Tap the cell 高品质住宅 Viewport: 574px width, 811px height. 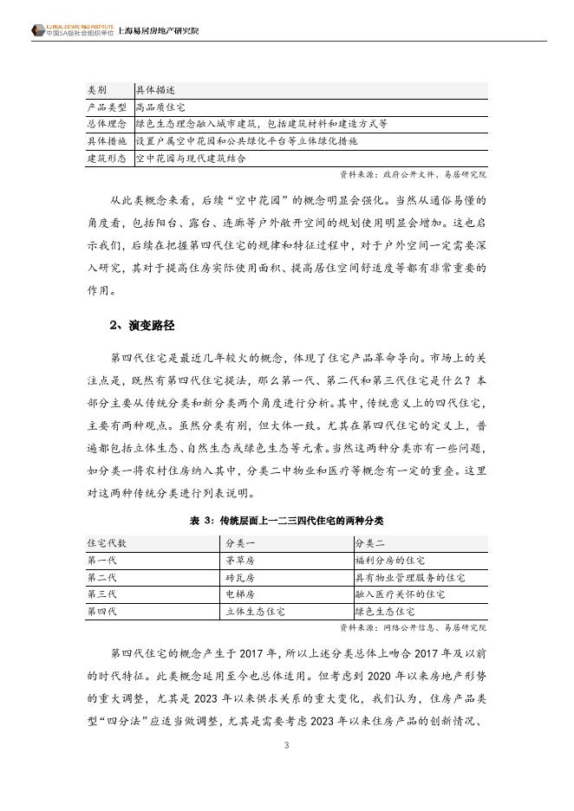tap(160, 107)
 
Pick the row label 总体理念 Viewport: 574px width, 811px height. tap(108, 124)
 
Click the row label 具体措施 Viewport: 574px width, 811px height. tap(108, 140)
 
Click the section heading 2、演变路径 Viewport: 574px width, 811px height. tap(142, 325)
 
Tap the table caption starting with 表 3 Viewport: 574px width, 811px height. tap(286, 521)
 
